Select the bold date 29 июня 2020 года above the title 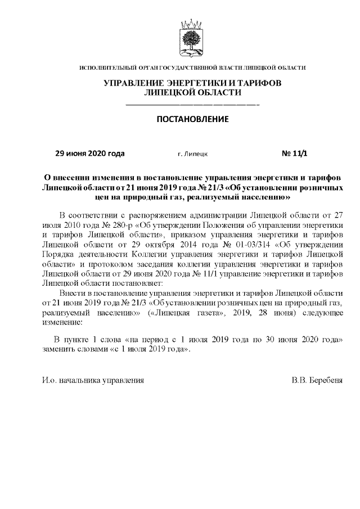(89, 153)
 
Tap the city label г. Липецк (192, 154)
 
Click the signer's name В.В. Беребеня (317, 381)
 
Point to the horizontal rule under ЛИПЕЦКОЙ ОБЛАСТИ (192, 105)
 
